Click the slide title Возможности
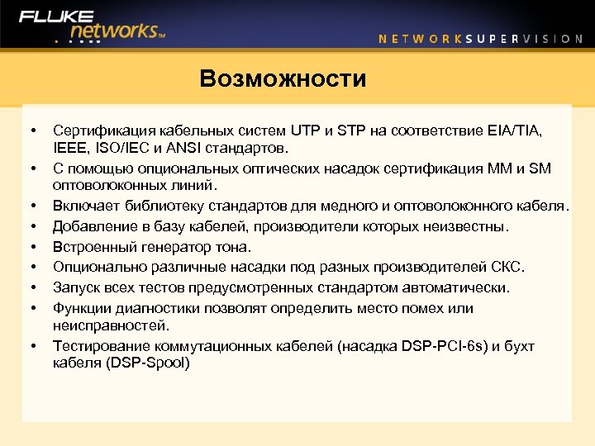coord(283,79)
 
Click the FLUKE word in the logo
coord(55,17)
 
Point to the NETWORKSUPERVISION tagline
coord(480,38)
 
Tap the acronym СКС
coord(507,267)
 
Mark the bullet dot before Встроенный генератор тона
coord(32,247)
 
